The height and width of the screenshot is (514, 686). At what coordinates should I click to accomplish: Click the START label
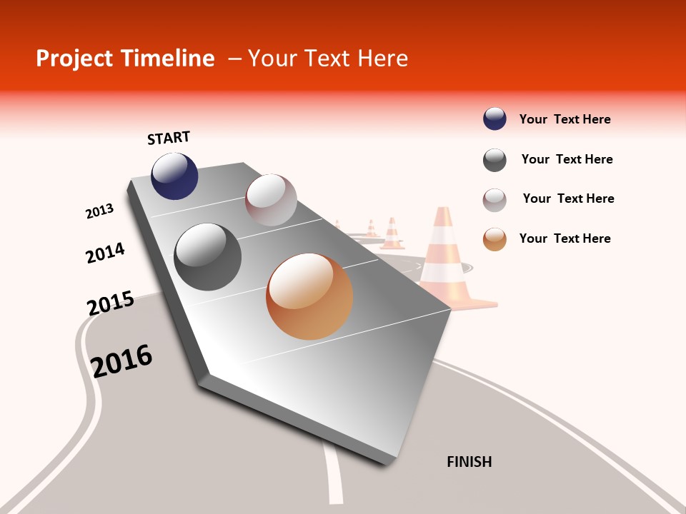169,138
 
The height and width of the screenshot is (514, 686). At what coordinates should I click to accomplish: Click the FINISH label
469,462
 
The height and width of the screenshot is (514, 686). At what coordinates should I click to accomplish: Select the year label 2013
100,211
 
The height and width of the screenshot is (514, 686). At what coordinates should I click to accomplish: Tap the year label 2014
105,253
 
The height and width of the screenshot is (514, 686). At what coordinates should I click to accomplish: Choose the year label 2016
122,361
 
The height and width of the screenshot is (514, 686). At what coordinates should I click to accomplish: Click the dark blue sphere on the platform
174,176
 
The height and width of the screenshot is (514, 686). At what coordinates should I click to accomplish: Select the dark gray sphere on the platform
208,257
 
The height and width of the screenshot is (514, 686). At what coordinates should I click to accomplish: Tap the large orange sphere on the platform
309,296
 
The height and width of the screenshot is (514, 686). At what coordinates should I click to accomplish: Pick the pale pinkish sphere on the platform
271,200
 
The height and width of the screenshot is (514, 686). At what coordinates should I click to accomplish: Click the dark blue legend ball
494,119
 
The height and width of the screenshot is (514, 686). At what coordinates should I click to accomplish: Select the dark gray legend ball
494,160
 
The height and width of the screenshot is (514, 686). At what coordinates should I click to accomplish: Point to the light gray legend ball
494,199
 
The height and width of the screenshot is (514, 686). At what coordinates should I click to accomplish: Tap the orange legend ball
494,239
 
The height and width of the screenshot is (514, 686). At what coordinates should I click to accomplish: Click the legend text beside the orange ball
565,238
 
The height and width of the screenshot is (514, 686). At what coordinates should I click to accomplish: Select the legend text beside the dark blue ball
565,119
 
